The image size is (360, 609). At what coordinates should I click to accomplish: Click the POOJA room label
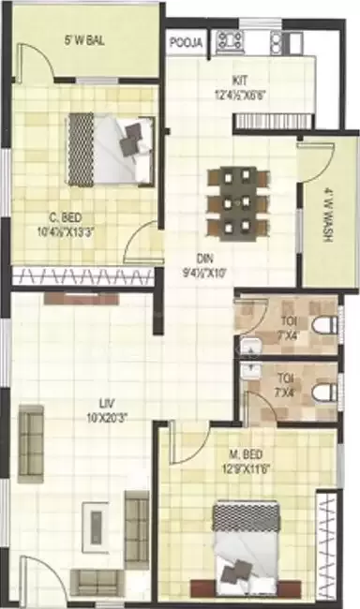click(187, 43)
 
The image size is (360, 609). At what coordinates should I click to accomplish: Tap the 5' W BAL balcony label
click(83, 41)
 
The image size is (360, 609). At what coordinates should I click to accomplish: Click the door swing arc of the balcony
click(37, 66)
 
